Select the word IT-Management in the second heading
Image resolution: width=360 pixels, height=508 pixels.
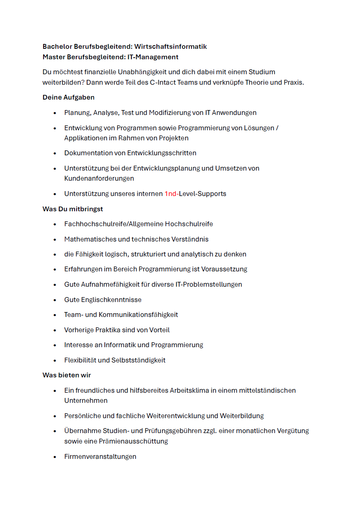(153, 57)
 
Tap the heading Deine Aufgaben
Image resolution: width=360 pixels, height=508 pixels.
(69, 98)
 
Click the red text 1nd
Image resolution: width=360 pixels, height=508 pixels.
(171, 194)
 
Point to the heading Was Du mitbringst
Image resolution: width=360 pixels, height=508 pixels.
(73, 209)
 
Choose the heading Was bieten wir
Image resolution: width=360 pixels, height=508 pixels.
(67, 375)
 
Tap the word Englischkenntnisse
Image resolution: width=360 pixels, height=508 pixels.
(111, 300)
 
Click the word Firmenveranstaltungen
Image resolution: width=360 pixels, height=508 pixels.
(100, 457)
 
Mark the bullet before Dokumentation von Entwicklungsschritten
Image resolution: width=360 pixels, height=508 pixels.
(55, 154)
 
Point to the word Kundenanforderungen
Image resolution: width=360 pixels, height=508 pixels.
(99, 179)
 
